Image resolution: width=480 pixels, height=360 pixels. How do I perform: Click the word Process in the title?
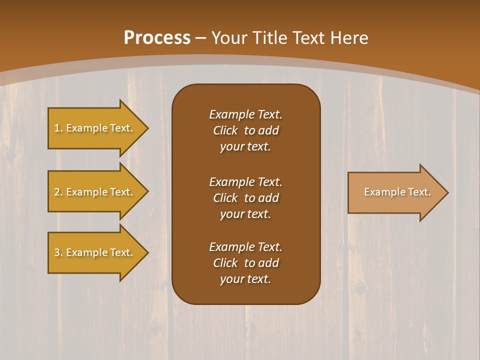[157, 38]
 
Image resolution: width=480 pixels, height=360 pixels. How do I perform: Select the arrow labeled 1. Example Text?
[95, 128]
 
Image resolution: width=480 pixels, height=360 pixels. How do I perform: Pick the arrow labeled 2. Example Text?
[95, 192]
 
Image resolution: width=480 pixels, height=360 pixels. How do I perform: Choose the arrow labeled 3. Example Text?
[95, 252]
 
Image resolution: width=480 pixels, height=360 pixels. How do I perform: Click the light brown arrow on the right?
[395, 192]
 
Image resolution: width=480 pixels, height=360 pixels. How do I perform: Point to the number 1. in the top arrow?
[58, 128]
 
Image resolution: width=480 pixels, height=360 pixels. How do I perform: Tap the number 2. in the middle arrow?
[58, 192]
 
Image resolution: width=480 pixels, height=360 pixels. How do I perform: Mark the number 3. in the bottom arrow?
[58, 252]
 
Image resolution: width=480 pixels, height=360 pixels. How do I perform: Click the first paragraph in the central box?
[245, 130]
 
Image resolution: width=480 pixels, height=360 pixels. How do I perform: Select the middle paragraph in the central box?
[245, 198]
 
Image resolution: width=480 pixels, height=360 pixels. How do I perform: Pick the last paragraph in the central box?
[245, 263]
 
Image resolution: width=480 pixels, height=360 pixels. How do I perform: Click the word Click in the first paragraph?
[225, 130]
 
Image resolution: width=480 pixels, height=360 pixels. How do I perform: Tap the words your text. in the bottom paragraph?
[245, 279]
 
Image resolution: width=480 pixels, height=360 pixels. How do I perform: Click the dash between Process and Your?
[200, 38]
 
